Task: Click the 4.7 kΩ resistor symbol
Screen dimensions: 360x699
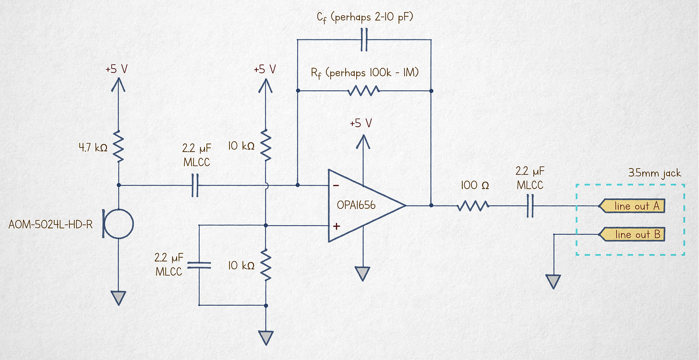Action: pyautogui.click(x=118, y=147)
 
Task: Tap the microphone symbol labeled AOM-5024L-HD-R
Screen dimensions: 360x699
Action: pyautogui.click(x=118, y=224)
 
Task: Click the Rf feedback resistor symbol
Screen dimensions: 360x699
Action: pyautogui.click(x=364, y=90)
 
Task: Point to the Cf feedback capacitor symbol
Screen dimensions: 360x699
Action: pyautogui.click(x=364, y=40)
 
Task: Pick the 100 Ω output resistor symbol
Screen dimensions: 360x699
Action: pyautogui.click(x=473, y=205)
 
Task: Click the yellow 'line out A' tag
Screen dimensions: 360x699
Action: pyautogui.click(x=632, y=206)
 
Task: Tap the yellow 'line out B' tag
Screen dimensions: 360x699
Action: pyautogui.click(x=632, y=234)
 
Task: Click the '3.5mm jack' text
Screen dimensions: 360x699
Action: pyautogui.click(x=654, y=173)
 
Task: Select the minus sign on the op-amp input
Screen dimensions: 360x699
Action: pyautogui.click(x=337, y=186)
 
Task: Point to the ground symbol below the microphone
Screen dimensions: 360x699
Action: pyautogui.click(x=118, y=298)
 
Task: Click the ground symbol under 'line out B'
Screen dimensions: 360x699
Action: pyautogui.click(x=554, y=281)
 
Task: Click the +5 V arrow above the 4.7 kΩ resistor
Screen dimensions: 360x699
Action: pyautogui.click(x=118, y=85)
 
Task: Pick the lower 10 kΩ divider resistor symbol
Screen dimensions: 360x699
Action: pyautogui.click(x=266, y=264)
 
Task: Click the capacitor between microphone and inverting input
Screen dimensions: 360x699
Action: pyautogui.click(x=195, y=185)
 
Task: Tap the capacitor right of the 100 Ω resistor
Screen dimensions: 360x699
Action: pyautogui.click(x=530, y=205)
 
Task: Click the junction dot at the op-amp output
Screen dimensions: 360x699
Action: pyautogui.click(x=431, y=205)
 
